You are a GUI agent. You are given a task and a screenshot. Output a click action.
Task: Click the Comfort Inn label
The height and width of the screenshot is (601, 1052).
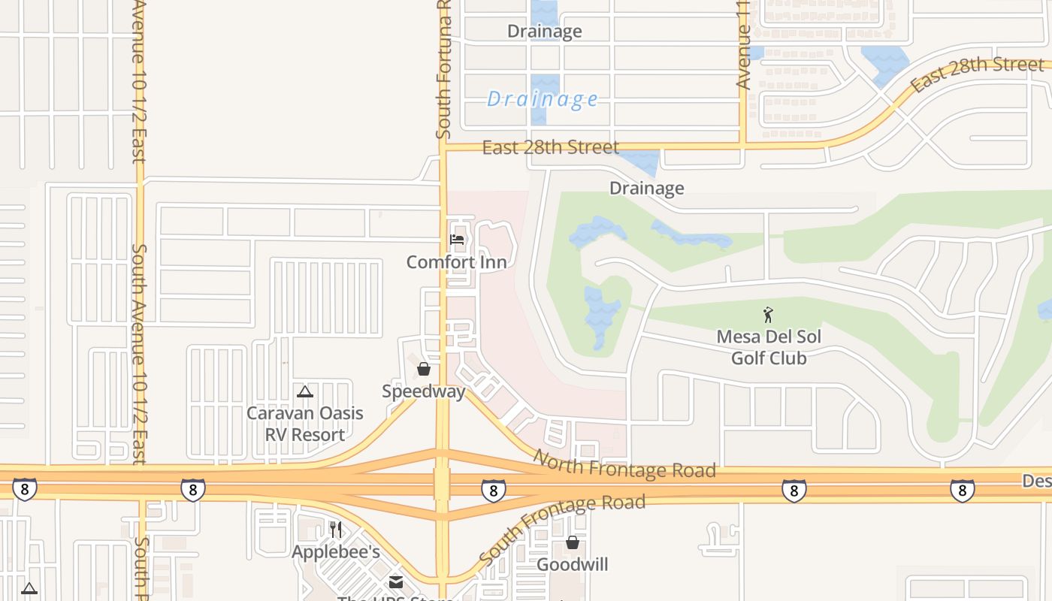tap(456, 262)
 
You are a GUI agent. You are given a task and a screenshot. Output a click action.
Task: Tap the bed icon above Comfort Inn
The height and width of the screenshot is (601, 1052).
tap(456, 240)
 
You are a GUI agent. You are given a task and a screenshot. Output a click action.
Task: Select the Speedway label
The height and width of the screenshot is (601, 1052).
tap(423, 391)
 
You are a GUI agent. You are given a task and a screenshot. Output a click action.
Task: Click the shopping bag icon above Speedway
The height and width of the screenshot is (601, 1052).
tap(424, 369)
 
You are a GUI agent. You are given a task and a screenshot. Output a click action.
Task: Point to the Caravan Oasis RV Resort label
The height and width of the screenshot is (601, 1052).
tap(305, 424)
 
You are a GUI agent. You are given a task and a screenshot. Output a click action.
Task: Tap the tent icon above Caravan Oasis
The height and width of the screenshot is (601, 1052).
tap(304, 391)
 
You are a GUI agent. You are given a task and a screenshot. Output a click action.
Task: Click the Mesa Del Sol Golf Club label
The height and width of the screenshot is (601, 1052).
tap(769, 347)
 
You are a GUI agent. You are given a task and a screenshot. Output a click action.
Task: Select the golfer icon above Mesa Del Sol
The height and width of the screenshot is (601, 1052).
tap(768, 315)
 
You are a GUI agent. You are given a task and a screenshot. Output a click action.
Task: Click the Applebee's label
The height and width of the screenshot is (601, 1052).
tap(336, 552)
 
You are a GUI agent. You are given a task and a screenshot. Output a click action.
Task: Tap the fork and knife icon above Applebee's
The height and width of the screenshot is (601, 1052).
tap(336, 530)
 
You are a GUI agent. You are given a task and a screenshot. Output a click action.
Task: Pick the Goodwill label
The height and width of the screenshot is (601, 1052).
tap(573, 564)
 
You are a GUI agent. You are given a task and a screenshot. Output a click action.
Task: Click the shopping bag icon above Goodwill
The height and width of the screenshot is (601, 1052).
tap(573, 542)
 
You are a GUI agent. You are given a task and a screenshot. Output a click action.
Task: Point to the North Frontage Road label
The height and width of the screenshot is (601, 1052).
tap(624, 464)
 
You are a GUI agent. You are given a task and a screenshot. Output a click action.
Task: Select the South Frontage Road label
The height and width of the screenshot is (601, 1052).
tap(561, 530)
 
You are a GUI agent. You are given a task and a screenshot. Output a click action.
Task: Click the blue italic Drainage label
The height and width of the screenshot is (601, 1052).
tap(543, 99)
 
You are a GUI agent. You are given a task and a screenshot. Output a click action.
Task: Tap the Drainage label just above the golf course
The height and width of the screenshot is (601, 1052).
tap(646, 188)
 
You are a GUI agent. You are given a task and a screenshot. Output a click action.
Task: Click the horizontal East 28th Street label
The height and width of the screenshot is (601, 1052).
tap(551, 147)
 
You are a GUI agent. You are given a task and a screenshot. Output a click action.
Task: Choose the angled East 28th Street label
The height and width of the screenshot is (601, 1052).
tap(977, 74)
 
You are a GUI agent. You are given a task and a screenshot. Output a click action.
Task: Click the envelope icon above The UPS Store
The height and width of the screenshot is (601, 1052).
tap(396, 582)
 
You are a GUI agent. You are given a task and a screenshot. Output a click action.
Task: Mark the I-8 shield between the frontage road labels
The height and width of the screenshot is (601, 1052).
tap(493, 490)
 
